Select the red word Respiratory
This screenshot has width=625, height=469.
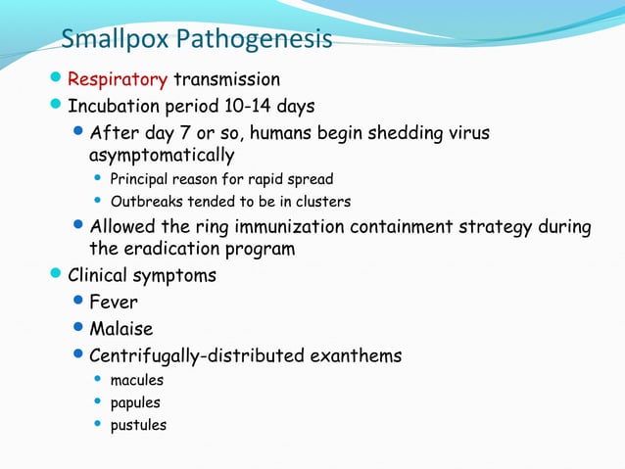pyautogui.click(x=118, y=79)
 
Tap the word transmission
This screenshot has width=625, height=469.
pyautogui.click(x=226, y=79)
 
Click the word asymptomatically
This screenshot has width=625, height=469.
pyautogui.click(x=162, y=156)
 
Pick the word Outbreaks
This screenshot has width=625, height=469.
pyautogui.click(x=147, y=202)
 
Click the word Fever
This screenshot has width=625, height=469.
pyautogui.click(x=114, y=302)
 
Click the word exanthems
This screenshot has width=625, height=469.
pyautogui.click(x=356, y=355)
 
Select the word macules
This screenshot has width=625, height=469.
pyautogui.click(x=137, y=380)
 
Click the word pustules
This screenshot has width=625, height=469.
pyautogui.click(x=138, y=425)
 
